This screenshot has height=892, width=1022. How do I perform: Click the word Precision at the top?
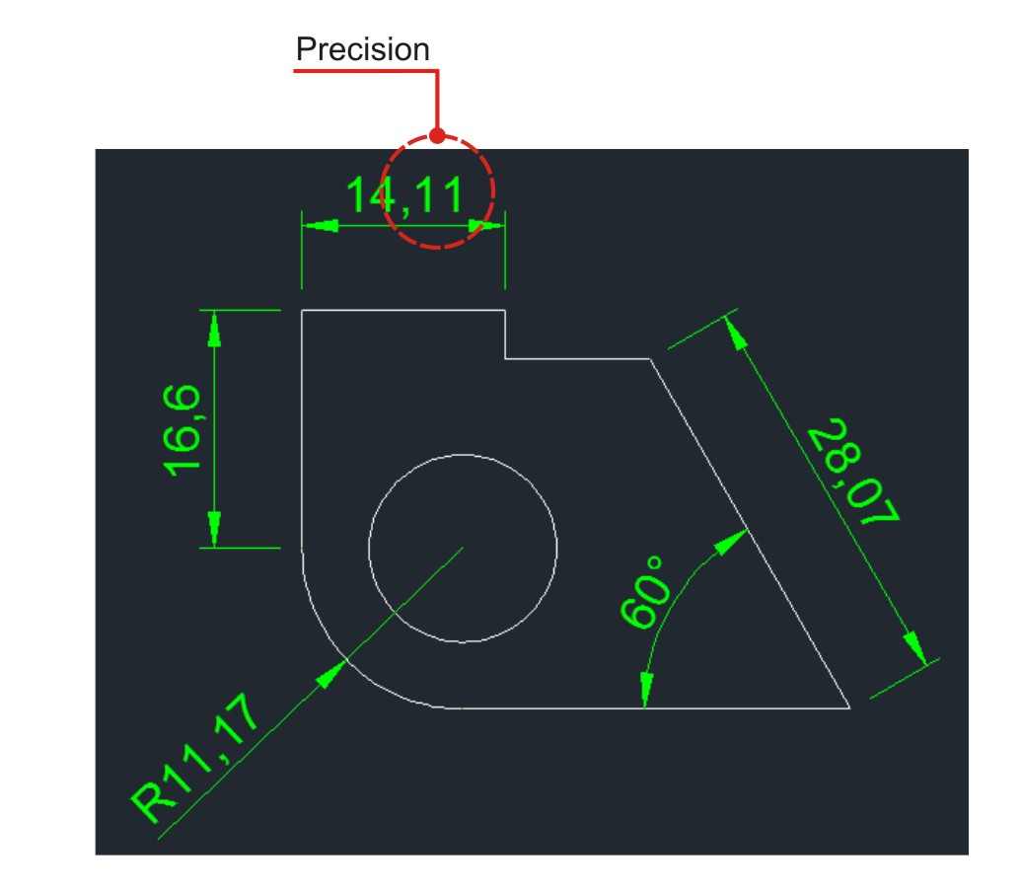click(362, 49)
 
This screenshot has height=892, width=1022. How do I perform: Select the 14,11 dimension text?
click(405, 196)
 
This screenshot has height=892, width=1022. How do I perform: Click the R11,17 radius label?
click(196, 759)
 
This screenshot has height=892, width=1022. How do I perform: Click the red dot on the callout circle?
click(438, 136)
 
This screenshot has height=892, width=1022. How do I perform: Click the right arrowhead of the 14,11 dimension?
click(486, 226)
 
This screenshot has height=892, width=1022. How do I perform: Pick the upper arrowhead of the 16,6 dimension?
click(213, 328)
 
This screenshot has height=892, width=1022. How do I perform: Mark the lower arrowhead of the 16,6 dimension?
click(213, 529)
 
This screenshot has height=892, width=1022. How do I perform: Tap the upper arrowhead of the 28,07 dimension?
click(736, 333)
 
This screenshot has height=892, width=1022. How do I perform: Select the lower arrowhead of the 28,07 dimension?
click(915, 647)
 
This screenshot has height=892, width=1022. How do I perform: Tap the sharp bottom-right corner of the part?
click(849, 707)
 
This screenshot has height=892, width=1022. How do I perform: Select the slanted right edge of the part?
click(750, 533)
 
